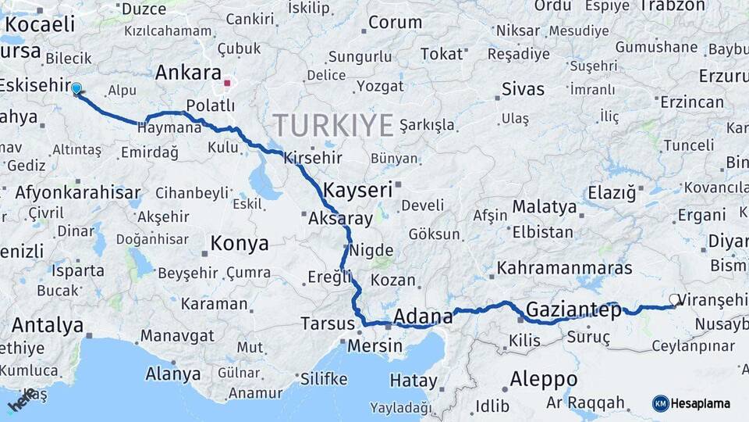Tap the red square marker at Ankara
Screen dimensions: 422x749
point(227,83)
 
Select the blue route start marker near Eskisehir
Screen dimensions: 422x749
point(76,88)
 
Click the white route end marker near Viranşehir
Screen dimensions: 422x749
point(674,299)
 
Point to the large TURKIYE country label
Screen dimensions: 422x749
point(332,125)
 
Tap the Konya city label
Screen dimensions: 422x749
point(240,243)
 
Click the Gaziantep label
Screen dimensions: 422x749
point(573,309)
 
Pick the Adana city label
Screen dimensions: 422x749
point(423,316)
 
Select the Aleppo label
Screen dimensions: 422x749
point(543,380)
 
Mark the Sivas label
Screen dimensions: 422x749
point(523,88)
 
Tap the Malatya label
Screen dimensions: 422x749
point(545,208)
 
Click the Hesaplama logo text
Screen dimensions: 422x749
point(701,403)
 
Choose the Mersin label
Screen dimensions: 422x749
point(376,345)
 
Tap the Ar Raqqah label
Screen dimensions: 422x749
point(585,402)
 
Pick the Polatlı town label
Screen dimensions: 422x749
point(211,105)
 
